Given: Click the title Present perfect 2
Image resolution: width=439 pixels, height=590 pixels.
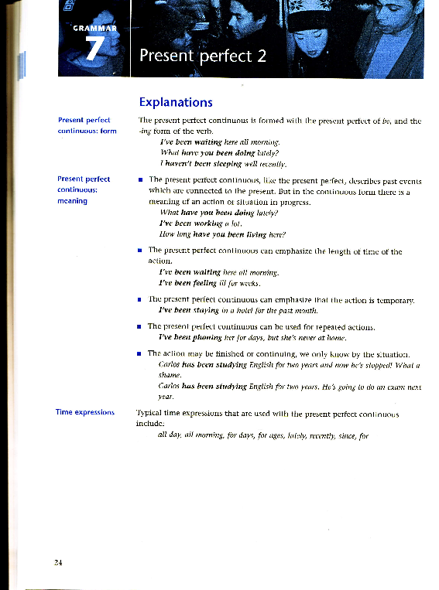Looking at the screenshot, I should (202, 56).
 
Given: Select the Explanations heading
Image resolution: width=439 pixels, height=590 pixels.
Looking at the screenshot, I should (175, 102).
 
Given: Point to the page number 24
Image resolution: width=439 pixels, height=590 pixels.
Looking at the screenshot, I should (58, 561).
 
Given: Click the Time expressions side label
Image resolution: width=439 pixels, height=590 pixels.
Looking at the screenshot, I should (85, 412).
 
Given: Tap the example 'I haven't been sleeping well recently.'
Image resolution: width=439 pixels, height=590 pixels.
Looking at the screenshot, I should (223, 165).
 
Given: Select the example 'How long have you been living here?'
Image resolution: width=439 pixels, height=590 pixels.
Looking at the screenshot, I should (222, 234).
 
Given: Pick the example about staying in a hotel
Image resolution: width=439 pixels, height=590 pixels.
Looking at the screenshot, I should (228, 309).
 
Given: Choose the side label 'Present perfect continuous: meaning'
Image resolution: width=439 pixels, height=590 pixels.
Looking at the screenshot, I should (84, 190).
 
